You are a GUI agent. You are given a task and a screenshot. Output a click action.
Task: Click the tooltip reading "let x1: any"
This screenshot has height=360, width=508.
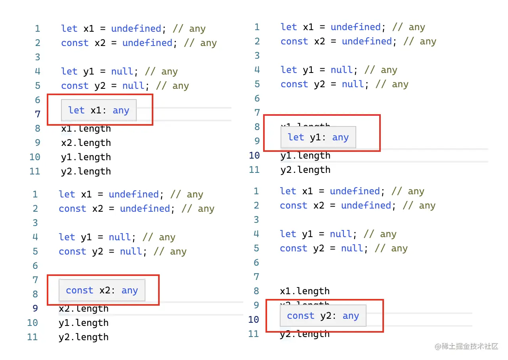pyautogui.click(x=98, y=110)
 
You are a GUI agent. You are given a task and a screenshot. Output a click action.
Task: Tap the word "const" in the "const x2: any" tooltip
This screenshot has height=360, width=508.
pyautogui.click(x=79, y=291)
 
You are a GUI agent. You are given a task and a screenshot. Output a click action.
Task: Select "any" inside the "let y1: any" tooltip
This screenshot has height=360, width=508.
pyautogui.click(x=340, y=138)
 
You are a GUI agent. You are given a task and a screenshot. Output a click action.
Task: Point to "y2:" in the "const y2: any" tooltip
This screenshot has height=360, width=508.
pyautogui.click(x=328, y=316)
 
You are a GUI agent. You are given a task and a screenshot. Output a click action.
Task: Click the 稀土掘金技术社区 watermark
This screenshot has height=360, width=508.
pyautogui.click(x=466, y=346)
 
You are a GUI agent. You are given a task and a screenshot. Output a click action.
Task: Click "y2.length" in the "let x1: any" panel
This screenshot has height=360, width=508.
pyautogui.click(x=86, y=171)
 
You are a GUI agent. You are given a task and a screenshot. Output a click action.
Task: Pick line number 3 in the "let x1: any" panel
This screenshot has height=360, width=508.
pyautogui.click(x=37, y=57)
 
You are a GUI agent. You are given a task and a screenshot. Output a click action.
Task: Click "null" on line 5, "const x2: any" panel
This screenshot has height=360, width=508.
pyautogui.click(x=131, y=251)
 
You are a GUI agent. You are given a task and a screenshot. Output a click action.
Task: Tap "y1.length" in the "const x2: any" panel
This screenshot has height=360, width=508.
pyautogui.click(x=84, y=323)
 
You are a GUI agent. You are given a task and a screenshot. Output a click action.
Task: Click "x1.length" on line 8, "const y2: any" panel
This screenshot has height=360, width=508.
pyautogui.click(x=305, y=291)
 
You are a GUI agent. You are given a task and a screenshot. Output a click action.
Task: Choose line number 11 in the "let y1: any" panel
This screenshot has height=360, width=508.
pyautogui.click(x=254, y=170)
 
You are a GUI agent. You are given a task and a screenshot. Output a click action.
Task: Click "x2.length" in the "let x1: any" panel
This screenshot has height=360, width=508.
pyautogui.click(x=86, y=143)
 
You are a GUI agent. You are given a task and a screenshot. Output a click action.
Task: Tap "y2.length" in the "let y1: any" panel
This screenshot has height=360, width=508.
pyautogui.click(x=306, y=170)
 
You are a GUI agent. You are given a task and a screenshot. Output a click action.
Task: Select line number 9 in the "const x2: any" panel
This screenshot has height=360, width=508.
pyautogui.click(x=35, y=308)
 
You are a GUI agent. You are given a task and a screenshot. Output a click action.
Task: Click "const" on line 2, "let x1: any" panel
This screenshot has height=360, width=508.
pyautogui.click(x=74, y=43)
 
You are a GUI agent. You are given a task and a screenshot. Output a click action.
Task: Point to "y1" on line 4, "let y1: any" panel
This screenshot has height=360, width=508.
pyautogui.click(x=308, y=70)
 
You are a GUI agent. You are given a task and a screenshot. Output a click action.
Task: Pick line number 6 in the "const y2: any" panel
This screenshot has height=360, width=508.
pyautogui.click(x=256, y=262)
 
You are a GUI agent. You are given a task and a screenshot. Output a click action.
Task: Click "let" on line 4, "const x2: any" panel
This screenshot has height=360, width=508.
pyautogui.click(x=67, y=237)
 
